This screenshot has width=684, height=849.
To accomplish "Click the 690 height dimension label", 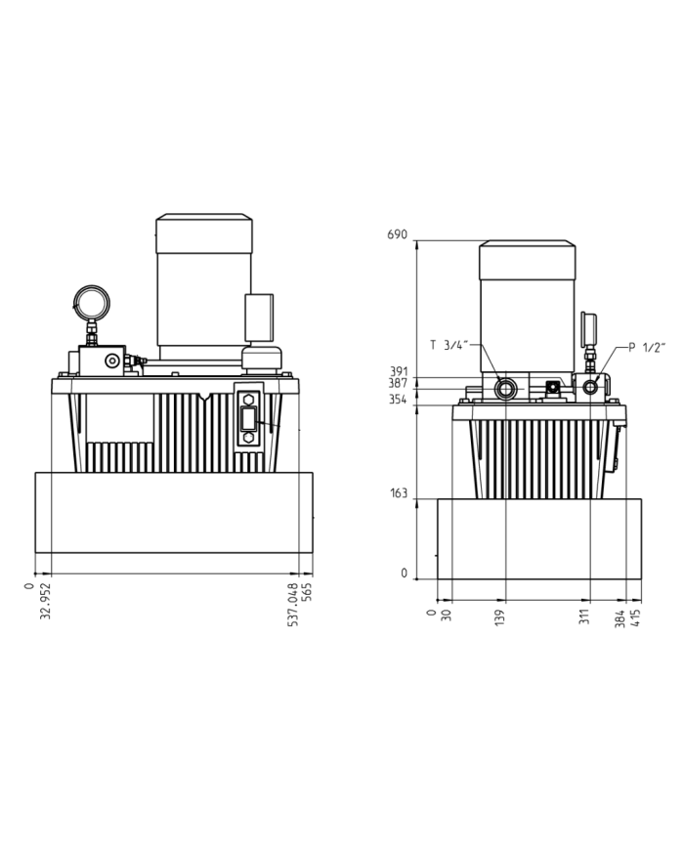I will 396,235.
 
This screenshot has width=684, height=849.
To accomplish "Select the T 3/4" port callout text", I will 450,344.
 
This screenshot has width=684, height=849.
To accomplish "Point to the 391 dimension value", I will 397,371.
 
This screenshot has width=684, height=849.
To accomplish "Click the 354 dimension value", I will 397,401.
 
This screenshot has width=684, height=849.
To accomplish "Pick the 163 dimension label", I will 397,493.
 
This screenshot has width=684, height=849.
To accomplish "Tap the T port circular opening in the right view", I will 506,388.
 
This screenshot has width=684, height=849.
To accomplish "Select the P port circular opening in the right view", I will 591,388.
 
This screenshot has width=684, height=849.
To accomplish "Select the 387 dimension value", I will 397,384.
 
